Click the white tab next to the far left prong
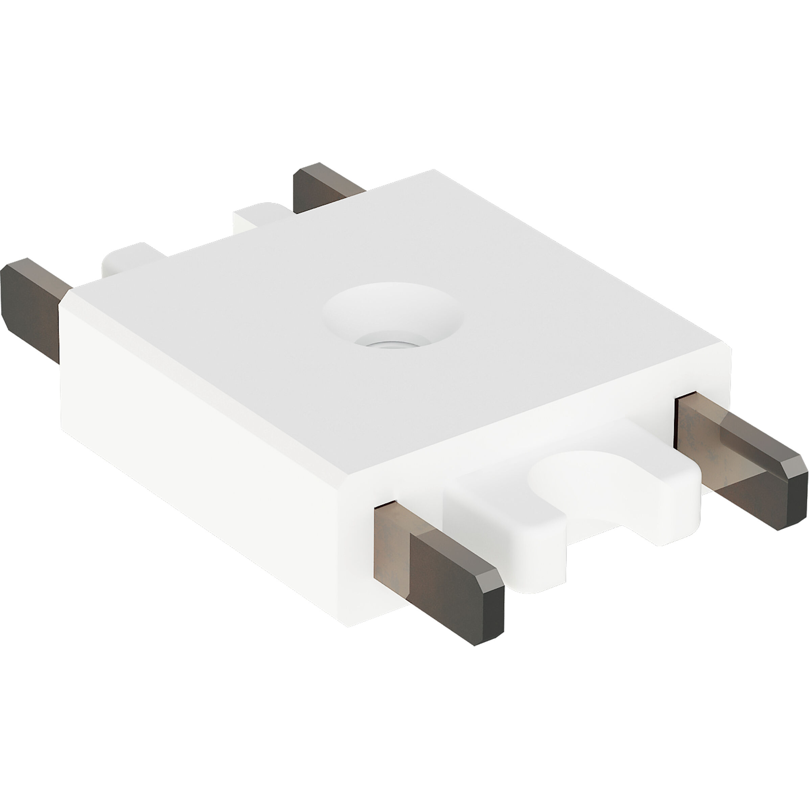click(125, 260)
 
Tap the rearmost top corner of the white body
click(433, 170)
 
